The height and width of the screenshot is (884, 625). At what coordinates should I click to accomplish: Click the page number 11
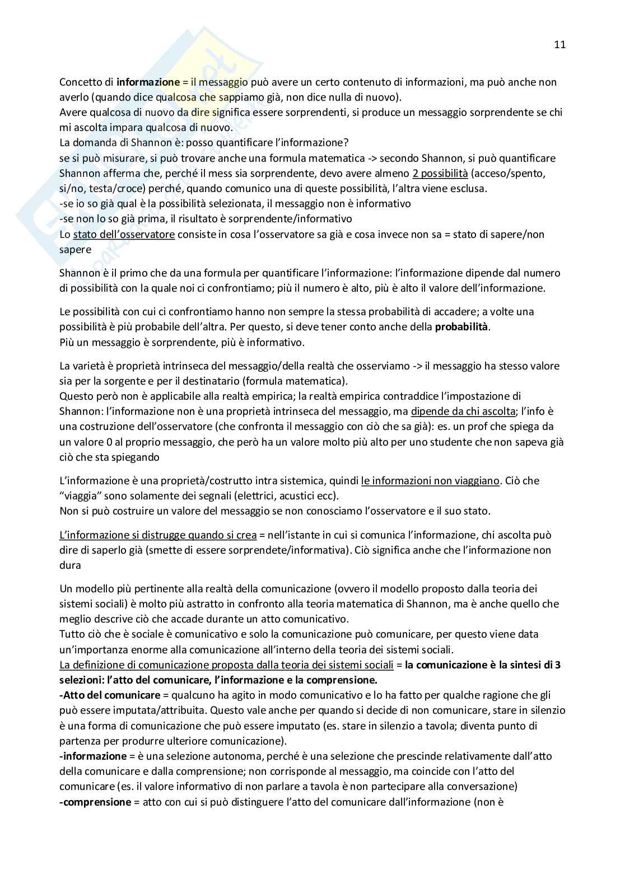[x=559, y=45]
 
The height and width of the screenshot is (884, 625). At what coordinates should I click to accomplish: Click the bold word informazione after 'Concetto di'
[x=148, y=82]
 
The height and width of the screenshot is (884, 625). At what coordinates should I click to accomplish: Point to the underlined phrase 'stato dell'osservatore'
[x=124, y=235]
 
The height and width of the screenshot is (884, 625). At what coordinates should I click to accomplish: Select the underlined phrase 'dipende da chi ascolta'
[x=463, y=411]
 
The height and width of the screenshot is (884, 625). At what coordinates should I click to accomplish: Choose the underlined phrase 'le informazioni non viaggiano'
[x=430, y=480]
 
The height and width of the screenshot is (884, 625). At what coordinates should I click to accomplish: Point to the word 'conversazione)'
[x=486, y=787]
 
